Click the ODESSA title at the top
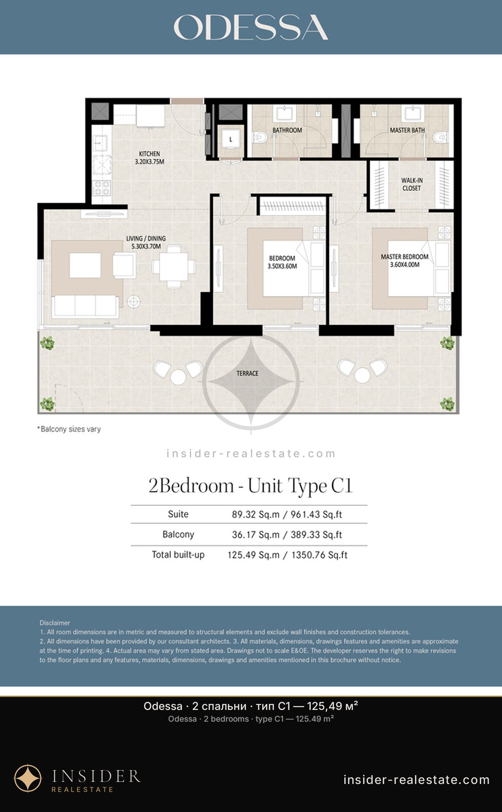pos(251,27)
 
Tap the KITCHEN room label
pos(149,154)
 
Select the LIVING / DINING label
pos(146,238)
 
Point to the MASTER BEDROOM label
pos(405,256)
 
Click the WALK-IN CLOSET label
pos(412,184)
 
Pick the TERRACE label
pos(247,373)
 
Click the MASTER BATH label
pos(407,130)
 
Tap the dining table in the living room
pos(174,266)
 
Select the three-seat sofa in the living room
pos(85,306)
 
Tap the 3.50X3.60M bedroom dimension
pos(282,266)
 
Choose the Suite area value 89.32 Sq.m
pos(256,515)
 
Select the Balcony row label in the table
pos(178,535)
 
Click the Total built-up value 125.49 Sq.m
pos(254,555)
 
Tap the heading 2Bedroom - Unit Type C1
pos(251,486)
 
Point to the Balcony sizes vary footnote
pos(69,429)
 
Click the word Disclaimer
pos(55,623)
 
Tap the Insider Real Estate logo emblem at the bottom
pos(28,779)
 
